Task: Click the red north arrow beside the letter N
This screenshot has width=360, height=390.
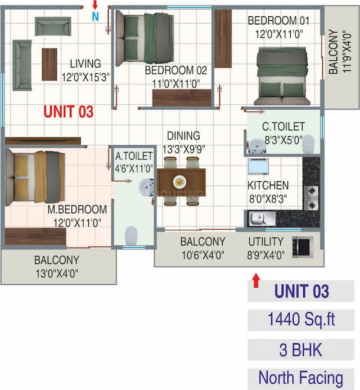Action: coord(94,5)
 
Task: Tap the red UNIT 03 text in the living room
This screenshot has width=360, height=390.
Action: coord(69,111)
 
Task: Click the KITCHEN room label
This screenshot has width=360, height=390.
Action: coord(268,185)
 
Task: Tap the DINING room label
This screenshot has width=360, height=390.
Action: coord(183,136)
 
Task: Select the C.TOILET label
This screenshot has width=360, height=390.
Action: coord(283,127)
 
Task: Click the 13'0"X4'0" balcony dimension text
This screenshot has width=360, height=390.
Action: coord(56,274)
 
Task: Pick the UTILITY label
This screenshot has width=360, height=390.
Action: coord(267,242)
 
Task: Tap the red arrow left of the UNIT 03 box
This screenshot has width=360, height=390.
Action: coord(256,280)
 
